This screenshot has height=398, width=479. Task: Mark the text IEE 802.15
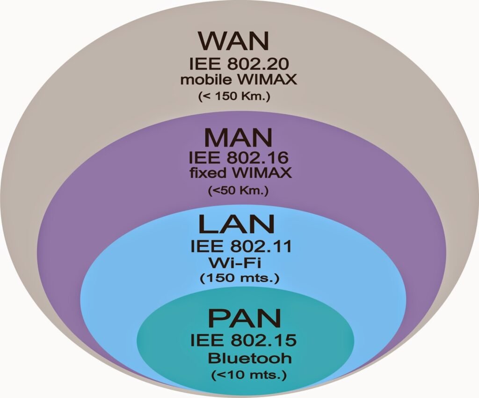pos(239,340)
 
